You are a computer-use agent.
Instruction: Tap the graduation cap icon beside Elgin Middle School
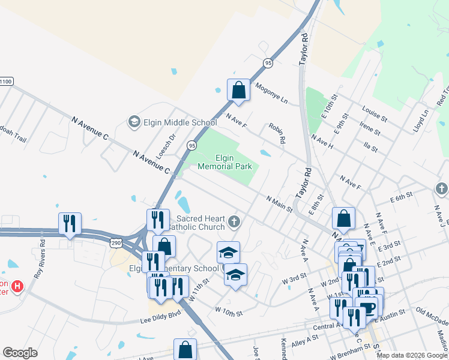coord(134,122)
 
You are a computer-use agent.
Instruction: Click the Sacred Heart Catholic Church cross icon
coord(234,223)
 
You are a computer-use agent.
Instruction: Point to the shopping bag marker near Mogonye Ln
coord(238,90)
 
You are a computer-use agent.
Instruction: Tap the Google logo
coord(20,353)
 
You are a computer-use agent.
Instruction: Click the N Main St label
coord(279,203)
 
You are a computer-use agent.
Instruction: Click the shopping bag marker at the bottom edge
coord(185,349)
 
